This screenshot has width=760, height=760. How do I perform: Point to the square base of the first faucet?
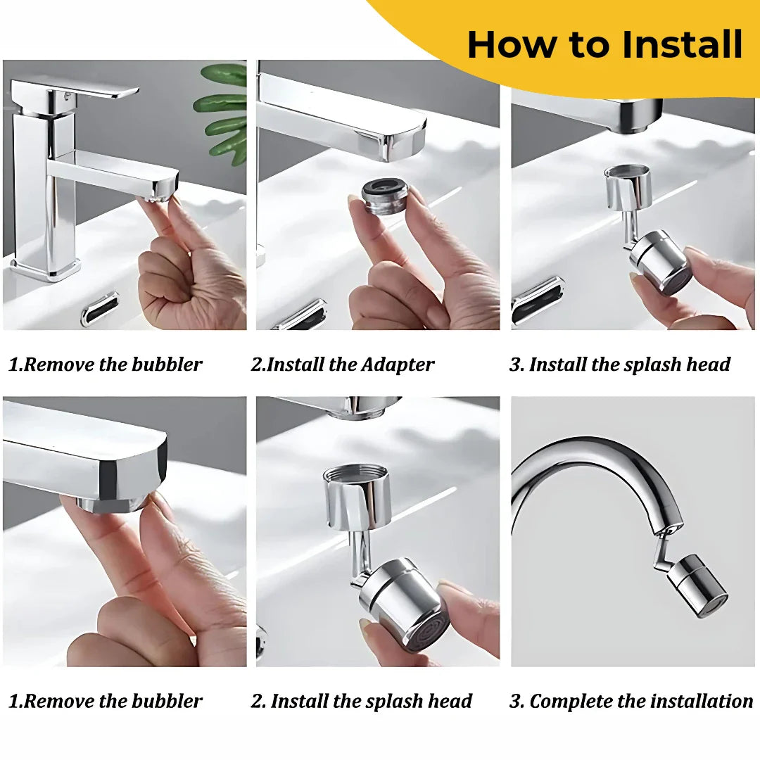(46, 269)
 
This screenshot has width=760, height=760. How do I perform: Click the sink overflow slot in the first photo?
(100, 308)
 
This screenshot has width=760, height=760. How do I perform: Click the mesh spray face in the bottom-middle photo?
(421, 630)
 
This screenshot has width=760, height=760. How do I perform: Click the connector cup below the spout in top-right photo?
(628, 186)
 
